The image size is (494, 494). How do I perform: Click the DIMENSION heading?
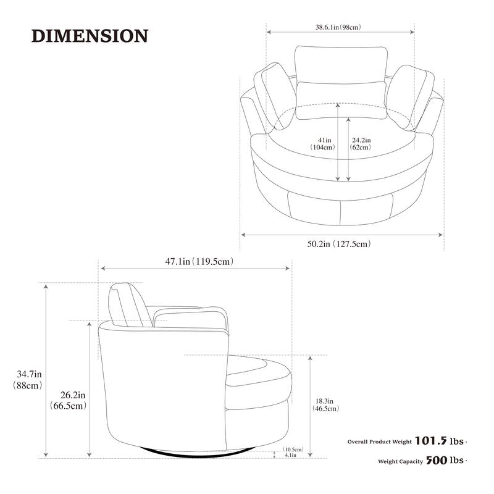coord(90,36)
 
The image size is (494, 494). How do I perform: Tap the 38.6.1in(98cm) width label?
coord(338,27)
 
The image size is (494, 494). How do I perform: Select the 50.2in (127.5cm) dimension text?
coord(339,243)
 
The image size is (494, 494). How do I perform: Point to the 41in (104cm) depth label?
coord(322,144)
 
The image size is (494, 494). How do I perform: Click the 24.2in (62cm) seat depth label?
coord(361,144)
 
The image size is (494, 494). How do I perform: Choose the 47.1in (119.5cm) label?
coord(199,261)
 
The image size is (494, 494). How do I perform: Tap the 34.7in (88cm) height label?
coord(28,380)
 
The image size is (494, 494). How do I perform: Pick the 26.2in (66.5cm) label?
coord(69,400)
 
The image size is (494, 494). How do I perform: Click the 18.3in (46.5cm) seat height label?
coord(325,405)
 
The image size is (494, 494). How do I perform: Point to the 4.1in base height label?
coord(290,455)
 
